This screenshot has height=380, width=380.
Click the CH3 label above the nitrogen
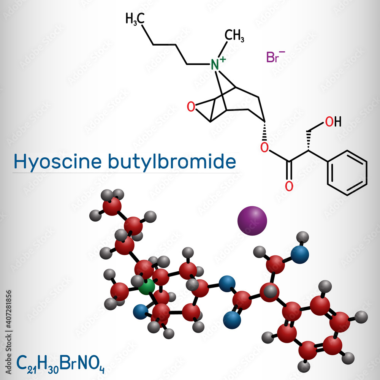pos(234,36)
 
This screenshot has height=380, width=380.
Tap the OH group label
pos(333,122)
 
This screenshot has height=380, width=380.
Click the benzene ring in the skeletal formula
pos(347,173)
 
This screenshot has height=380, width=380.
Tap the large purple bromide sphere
pos(252,220)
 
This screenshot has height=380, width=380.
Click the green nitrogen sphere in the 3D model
pos(146,287)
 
